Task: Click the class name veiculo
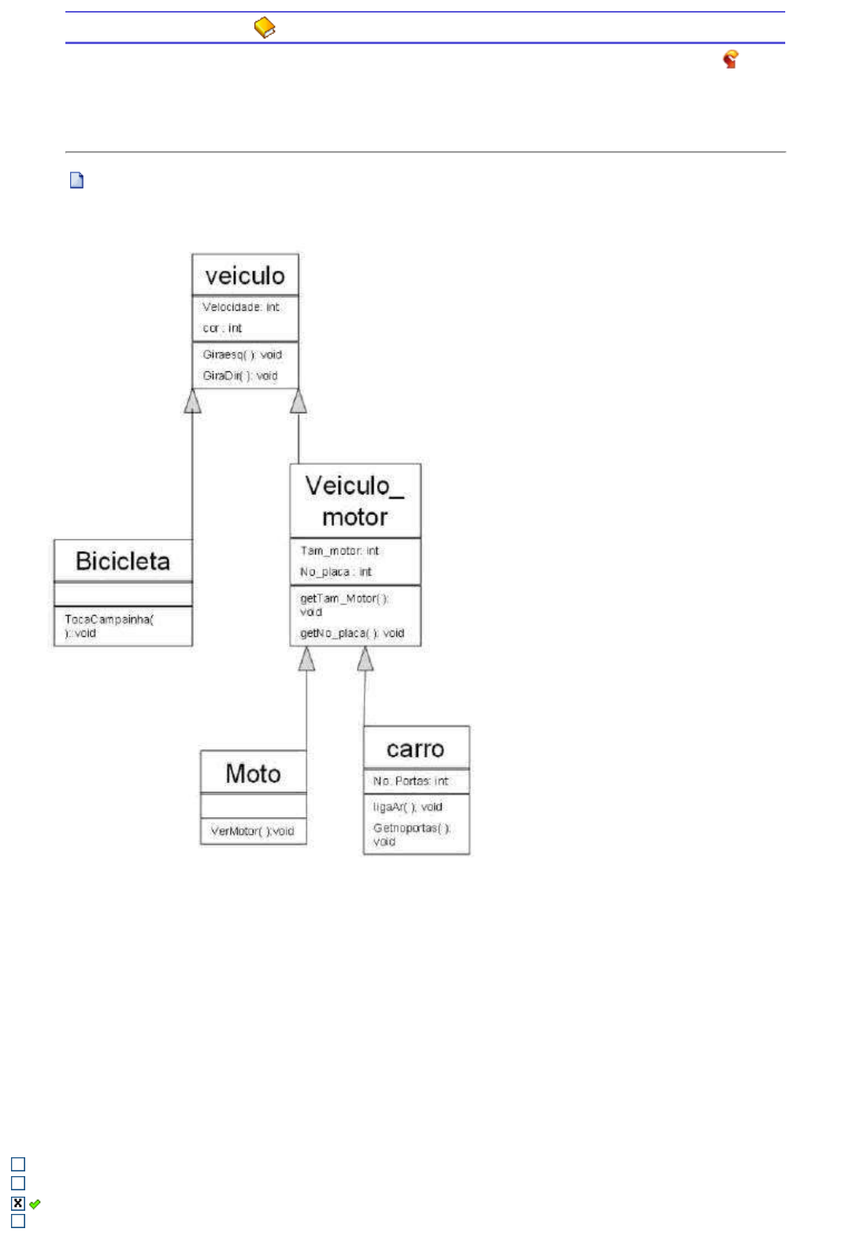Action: click(245, 276)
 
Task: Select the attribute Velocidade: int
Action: click(240, 307)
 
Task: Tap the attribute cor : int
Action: click(222, 328)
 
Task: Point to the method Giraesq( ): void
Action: click(242, 355)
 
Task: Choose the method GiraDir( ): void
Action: click(239, 376)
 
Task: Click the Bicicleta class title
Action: click(123, 561)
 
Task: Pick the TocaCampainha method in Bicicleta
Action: click(109, 626)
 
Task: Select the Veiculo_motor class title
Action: click(354, 501)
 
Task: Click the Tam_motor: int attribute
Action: click(339, 551)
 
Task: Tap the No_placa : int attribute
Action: click(336, 572)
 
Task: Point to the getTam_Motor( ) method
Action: click(344, 605)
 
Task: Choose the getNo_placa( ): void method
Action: click(351, 633)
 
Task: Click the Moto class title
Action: click(253, 774)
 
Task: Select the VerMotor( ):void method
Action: click(252, 831)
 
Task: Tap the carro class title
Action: click(415, 749)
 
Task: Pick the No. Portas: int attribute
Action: click(410, 781)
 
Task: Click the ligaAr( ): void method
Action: click(407, 807)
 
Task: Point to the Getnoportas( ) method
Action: click(411, 834)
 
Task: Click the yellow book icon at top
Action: click(265, 28)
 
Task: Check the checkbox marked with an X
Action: click(18, 1203)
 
